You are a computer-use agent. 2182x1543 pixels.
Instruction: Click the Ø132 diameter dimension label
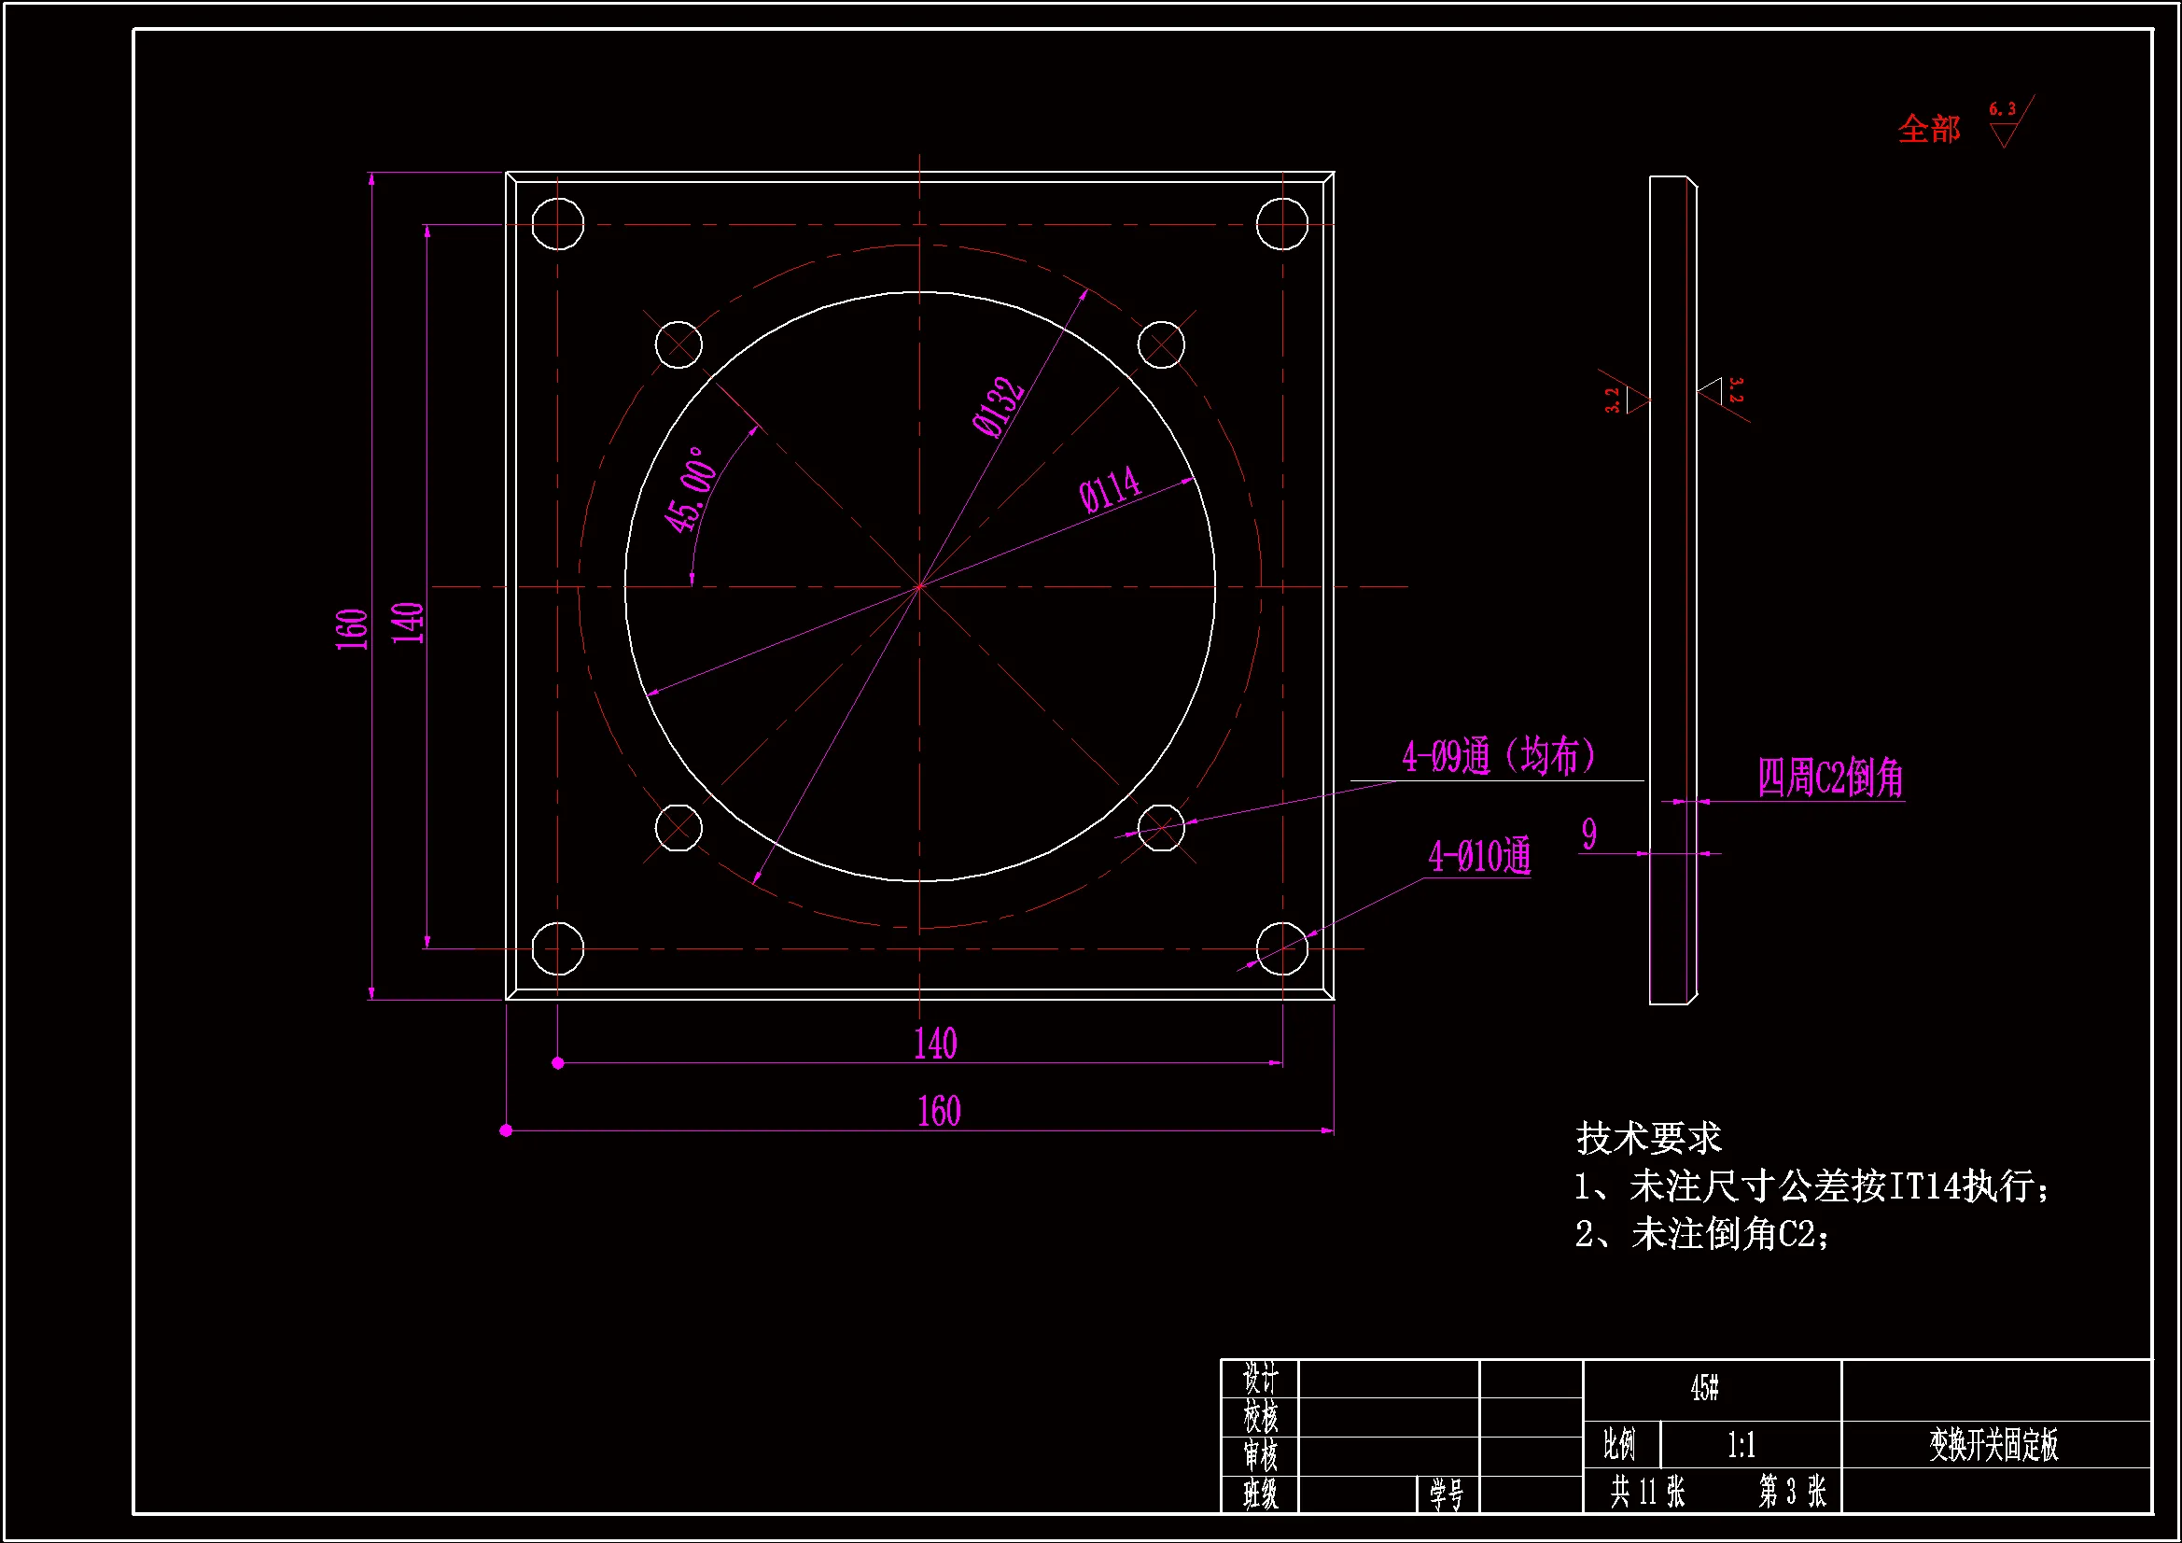click(998, 407)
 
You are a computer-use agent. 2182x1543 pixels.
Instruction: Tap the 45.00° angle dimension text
click(690, 490)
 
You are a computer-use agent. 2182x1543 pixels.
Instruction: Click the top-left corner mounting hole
click(558, 224)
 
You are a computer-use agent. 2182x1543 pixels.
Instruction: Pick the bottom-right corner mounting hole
click(1282, 947)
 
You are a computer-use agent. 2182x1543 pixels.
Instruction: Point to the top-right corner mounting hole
click(1282, 224)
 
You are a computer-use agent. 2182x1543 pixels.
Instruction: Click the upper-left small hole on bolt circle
click(678, 344)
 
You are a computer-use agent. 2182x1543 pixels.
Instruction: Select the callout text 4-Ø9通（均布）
click(1499, 757)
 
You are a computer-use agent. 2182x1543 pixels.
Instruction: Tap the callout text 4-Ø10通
click(1479, 857)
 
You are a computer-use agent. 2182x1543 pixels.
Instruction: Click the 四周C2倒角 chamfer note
click(1830, 778)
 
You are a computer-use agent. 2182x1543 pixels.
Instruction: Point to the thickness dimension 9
click(1589, 835)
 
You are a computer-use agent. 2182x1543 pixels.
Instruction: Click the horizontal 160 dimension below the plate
click(939, 1111)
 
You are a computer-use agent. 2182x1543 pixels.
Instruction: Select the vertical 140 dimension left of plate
click(409, 623)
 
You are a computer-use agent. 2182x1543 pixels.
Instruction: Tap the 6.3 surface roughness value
click(2003, 110)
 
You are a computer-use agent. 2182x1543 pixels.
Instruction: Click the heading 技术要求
click(1649, 1138)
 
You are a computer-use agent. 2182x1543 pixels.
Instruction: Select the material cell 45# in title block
click(1705, 1388)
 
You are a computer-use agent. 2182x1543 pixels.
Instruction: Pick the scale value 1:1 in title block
click(1741, 1446)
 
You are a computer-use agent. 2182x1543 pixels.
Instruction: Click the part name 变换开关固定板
click(1993, 1445)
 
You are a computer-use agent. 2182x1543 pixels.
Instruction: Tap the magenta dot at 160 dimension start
click(507, 1130)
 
